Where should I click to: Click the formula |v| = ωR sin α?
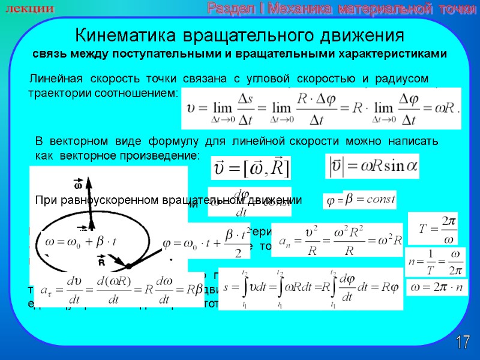click(x=372, y=166)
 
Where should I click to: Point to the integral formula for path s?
click(x=311, y=289)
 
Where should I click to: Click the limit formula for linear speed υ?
click(x=320, y=109)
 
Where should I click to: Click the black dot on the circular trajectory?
click(x=128, y=265)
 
